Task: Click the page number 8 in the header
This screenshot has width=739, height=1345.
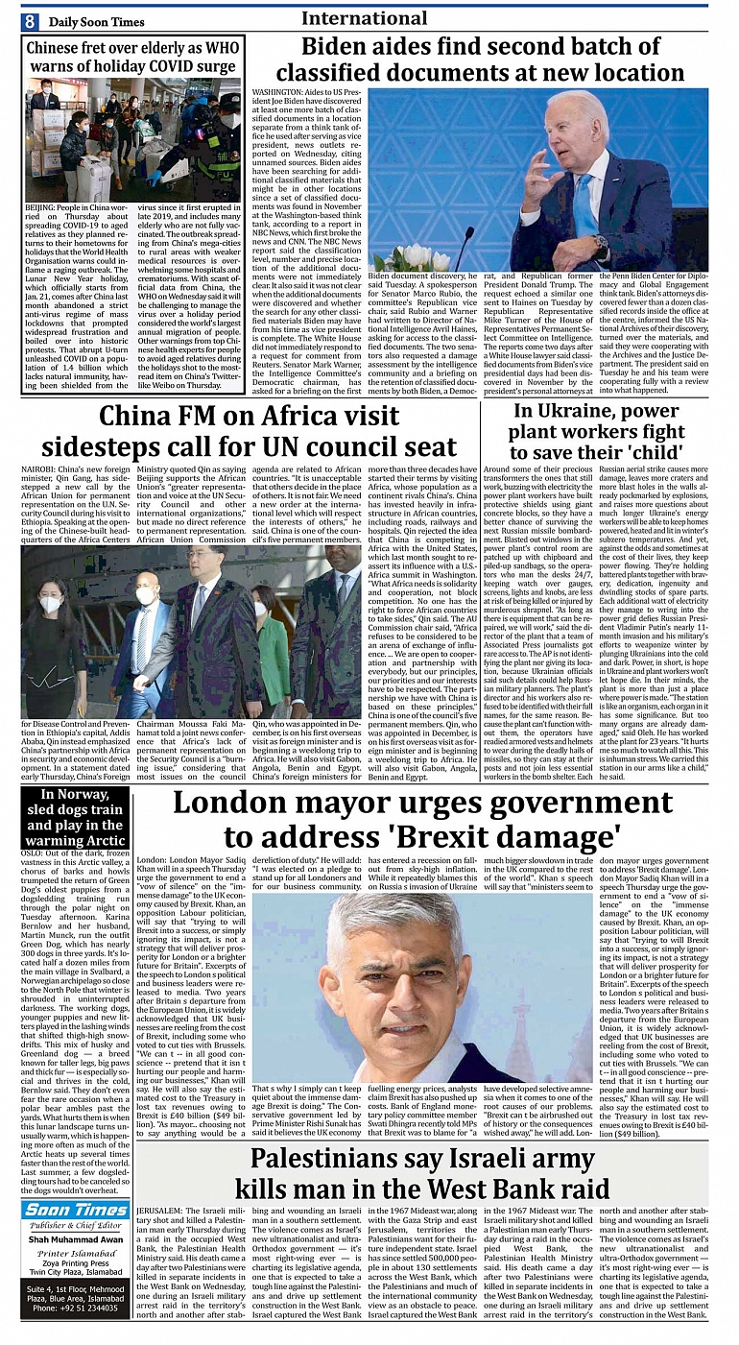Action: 31,21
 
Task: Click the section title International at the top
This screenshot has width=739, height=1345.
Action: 364,18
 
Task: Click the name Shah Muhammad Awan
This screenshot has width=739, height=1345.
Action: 74,1239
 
